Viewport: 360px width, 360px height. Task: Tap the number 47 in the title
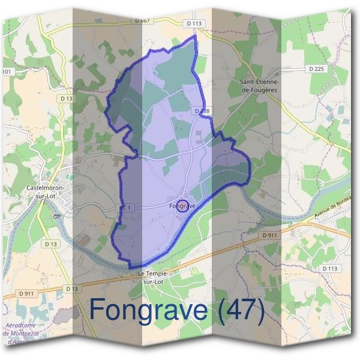pyautogui.click(x=241, y=310)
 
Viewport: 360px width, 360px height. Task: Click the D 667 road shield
pyautogui.click(x=142, y=20)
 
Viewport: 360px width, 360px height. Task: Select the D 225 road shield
pyautogui.click(x=316, y=69)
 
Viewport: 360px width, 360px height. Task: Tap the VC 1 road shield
pyautogui.click(x=124, y=208)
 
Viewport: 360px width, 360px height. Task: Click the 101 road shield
pyautogui.click(x=7, y=72)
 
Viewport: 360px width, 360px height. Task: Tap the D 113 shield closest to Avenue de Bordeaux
pyautogui.click(x=329, y=268)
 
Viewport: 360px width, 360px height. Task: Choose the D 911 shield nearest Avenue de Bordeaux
pyautogui.click(x=269, y=236)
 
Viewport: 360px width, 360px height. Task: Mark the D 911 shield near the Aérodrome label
pyautogui.click(x=26, y=292)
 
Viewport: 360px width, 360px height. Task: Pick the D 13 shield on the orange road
pyautogui.click(x=72, y=289)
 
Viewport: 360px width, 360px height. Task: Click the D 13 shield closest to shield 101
pyautogui.click(x=66, y=98)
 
